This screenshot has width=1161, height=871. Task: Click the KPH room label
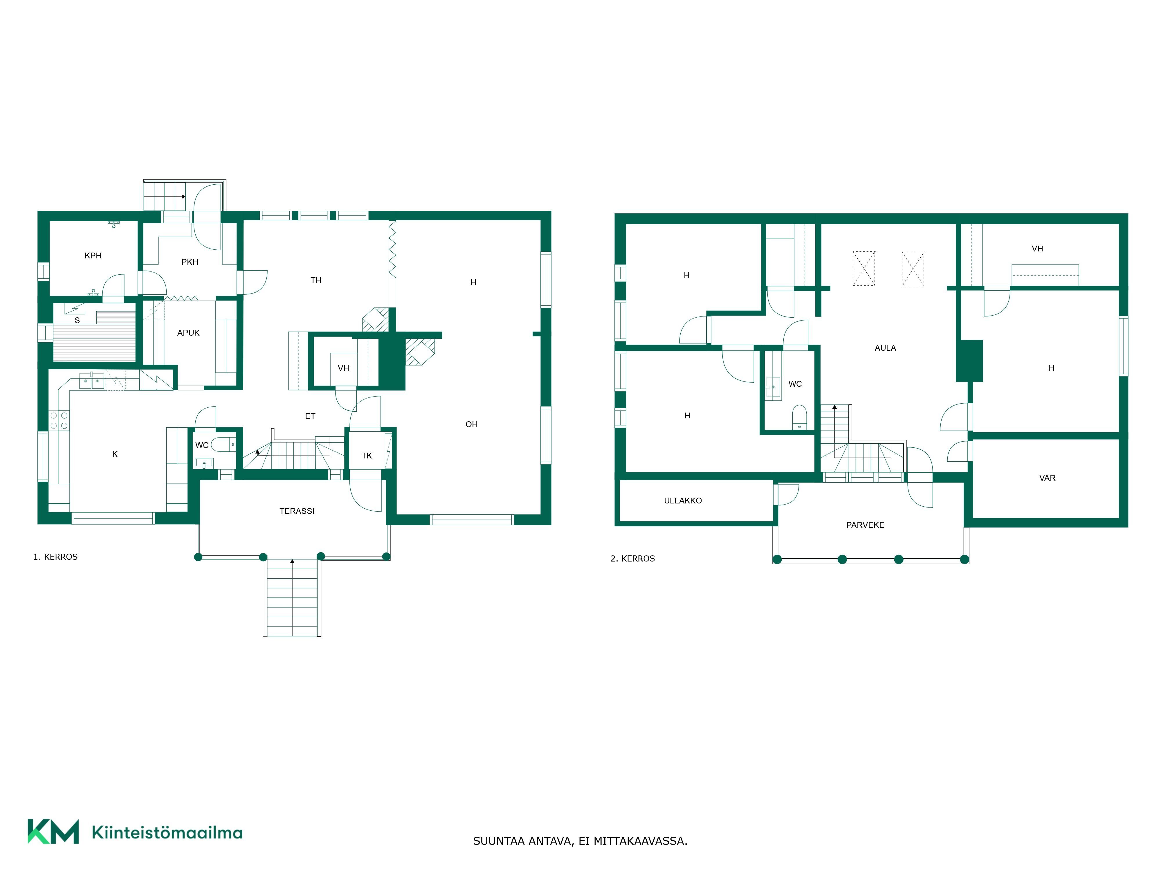pyautogui.click(x=93, y=256)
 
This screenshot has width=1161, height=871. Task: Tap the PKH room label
pyautogui.click(x=190, y=262)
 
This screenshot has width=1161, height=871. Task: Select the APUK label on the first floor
pyautogui.click(x=188, y=333)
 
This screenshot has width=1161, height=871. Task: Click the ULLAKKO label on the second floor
pyautogui.click(x=683, y=501)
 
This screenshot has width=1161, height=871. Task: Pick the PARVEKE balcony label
pyautogui.click(x=865, y=525)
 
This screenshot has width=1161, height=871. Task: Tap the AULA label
pyautogui.click(x=886, y=348)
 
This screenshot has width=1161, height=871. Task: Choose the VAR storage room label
pyautogui.click(x=1047, y=478)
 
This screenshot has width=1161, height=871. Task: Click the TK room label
pyautogui.click(x=367, y=456)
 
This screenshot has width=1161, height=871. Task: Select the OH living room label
pyautogui.click(x=471, y=424)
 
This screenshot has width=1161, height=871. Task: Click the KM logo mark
pyautogui.click(x=53, y=831)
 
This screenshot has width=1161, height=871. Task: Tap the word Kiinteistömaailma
pyautogui.click(x=167, y=832)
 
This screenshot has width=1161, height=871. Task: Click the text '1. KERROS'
pyautogui.click(x=56, y=557)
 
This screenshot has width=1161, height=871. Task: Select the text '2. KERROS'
pyautogui.click(x=632, y=559)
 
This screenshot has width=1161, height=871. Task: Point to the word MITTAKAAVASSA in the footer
pyautogui.click(x=640, y=841)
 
